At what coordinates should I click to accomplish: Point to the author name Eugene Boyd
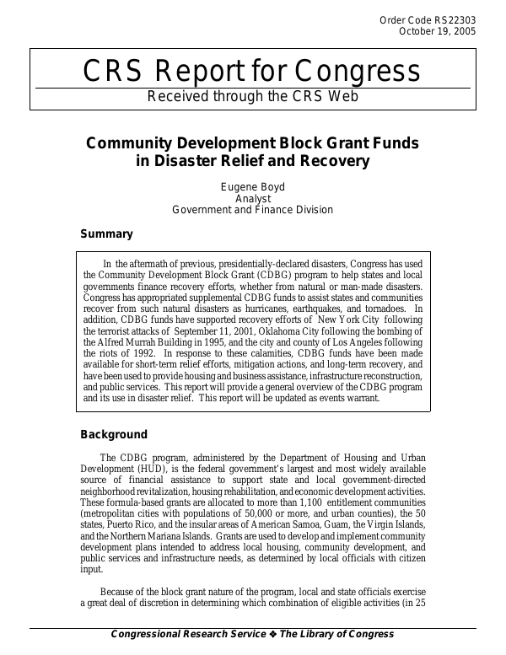252,185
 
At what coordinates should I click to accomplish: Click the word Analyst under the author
252,197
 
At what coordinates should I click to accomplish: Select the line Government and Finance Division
252,209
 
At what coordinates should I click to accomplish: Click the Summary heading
106,234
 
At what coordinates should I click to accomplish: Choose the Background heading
114,435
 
